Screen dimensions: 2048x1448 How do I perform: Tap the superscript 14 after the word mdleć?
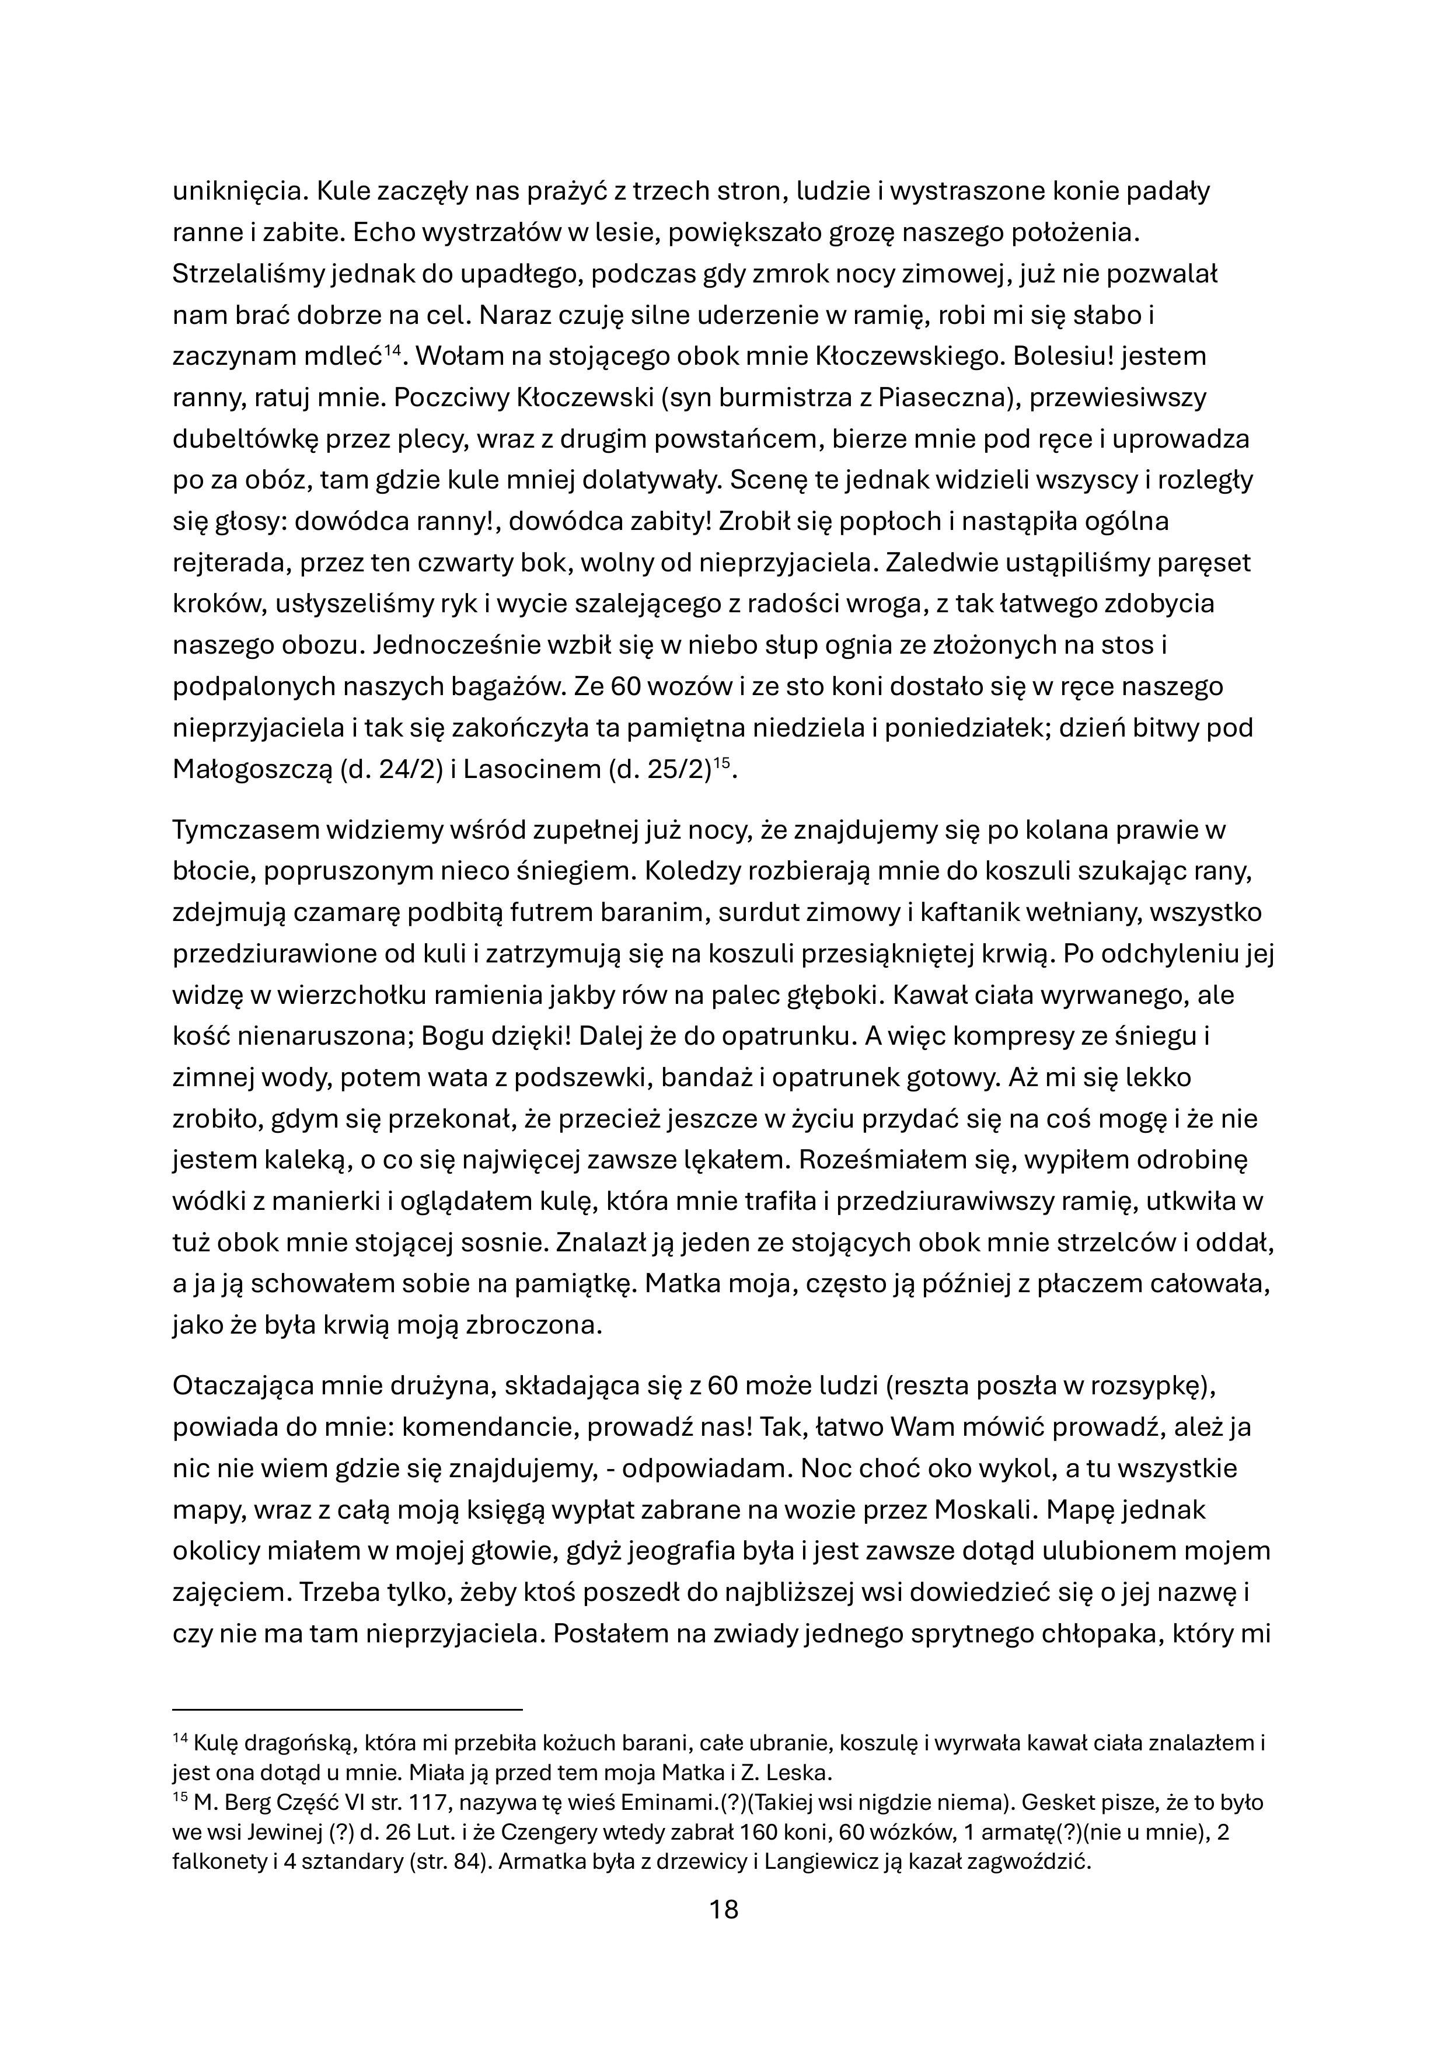pos(395,350)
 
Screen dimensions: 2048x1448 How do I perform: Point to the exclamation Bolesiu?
pos(1049,357)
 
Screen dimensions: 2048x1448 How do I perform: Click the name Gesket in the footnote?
pos(1053,1803)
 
